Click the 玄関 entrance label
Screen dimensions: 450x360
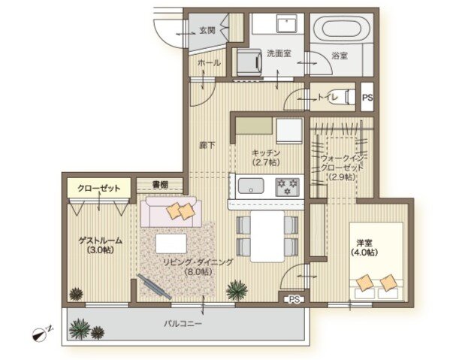pos(207,30)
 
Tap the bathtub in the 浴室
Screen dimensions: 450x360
pos(341,28)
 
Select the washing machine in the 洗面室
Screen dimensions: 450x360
pos(249,62)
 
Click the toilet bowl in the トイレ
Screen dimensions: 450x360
pos(347,97)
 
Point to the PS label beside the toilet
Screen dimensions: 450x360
pos(367,98)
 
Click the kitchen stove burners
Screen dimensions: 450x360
pos(287,187)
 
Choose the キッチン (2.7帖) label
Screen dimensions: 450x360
pos(266,157)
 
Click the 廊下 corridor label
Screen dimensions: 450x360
pos(207,146)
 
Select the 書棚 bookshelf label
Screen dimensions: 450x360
pos(160,184)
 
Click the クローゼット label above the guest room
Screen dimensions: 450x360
pos(99,189)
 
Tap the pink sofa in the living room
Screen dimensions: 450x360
pos(171,212)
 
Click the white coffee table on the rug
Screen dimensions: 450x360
pos(171,244)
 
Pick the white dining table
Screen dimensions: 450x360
pos(267,237)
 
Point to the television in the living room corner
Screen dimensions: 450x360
pos(154,286)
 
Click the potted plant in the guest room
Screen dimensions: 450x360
pos(76,294)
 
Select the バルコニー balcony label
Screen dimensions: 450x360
pos(183,324)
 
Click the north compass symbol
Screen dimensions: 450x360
pos(39,334)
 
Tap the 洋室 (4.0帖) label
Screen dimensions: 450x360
pos(364,247)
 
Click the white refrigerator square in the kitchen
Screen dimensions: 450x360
pos(289,131)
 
